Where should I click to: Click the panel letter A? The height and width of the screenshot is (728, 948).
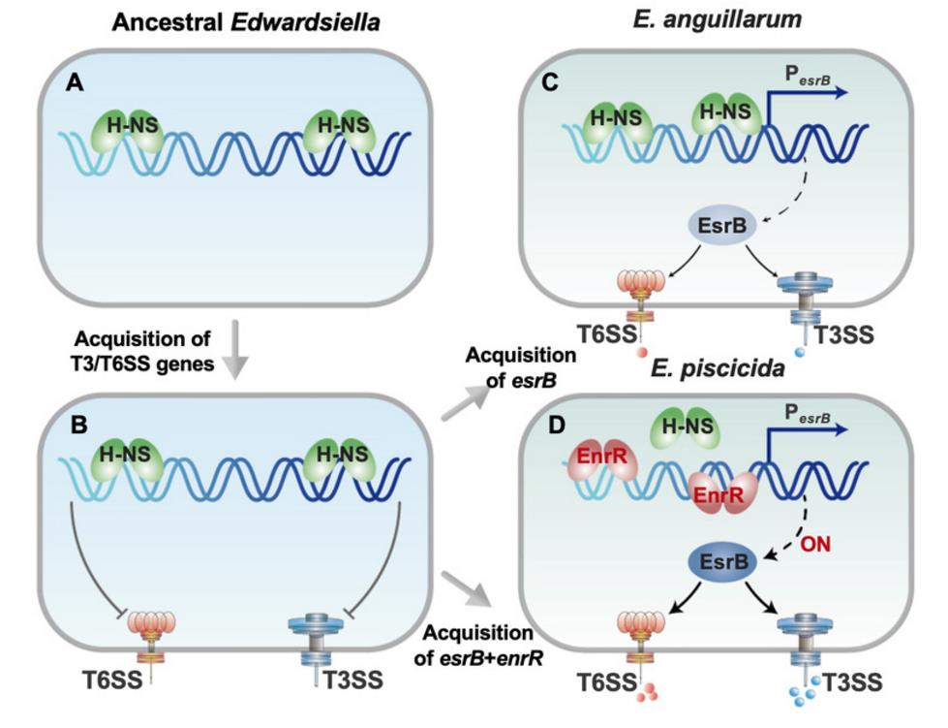(x=73, y=83)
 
